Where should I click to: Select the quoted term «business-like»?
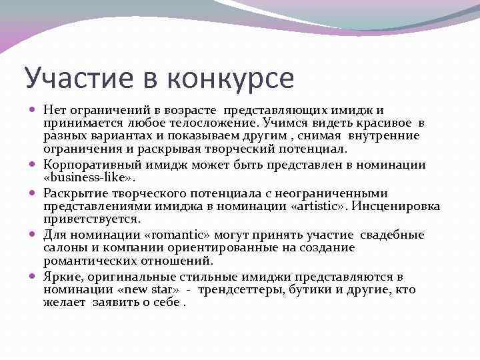pos(89,178)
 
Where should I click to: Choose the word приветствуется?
pos(92,219)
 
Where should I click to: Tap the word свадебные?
pos(392,235)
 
